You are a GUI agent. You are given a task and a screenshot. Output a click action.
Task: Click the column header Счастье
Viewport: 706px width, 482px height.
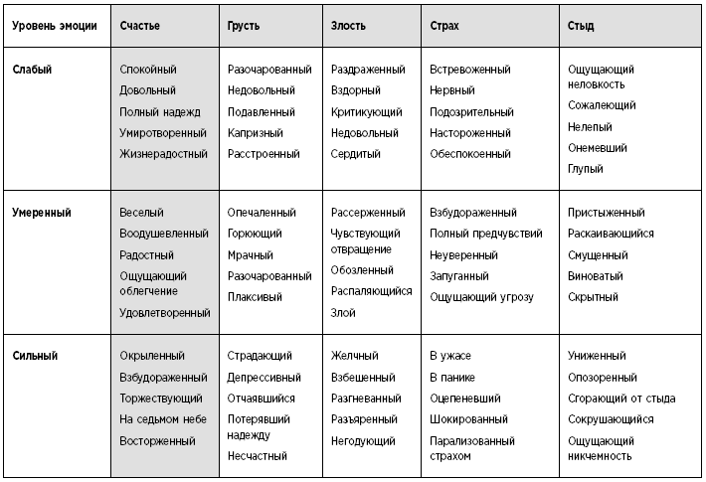139,25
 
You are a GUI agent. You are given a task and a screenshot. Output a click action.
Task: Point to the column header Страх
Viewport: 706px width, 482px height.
446,25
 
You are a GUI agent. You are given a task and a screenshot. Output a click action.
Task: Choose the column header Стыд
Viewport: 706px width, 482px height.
581,25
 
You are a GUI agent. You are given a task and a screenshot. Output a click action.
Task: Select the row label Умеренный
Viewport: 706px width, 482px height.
42,213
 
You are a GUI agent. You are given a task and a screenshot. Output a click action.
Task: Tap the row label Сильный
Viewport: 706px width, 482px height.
36,356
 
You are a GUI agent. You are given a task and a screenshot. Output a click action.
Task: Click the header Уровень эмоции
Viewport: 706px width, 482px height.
54,25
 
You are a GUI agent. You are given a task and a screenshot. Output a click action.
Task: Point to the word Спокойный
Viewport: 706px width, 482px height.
148,70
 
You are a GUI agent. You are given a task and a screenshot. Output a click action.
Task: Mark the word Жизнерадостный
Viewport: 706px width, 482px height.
163,154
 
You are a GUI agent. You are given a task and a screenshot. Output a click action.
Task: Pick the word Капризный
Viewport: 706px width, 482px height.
255,133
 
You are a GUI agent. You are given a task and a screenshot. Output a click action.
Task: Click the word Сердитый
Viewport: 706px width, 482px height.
355,154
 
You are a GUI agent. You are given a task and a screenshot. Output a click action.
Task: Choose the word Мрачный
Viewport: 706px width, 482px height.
250,255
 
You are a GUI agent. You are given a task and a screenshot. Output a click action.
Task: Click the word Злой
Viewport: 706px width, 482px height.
343,312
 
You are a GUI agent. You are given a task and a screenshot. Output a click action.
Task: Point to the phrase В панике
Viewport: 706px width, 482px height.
452,377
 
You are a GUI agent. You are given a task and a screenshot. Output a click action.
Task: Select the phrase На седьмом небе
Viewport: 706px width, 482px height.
162,419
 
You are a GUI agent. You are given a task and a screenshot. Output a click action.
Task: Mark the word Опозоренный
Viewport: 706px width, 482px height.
603,377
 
